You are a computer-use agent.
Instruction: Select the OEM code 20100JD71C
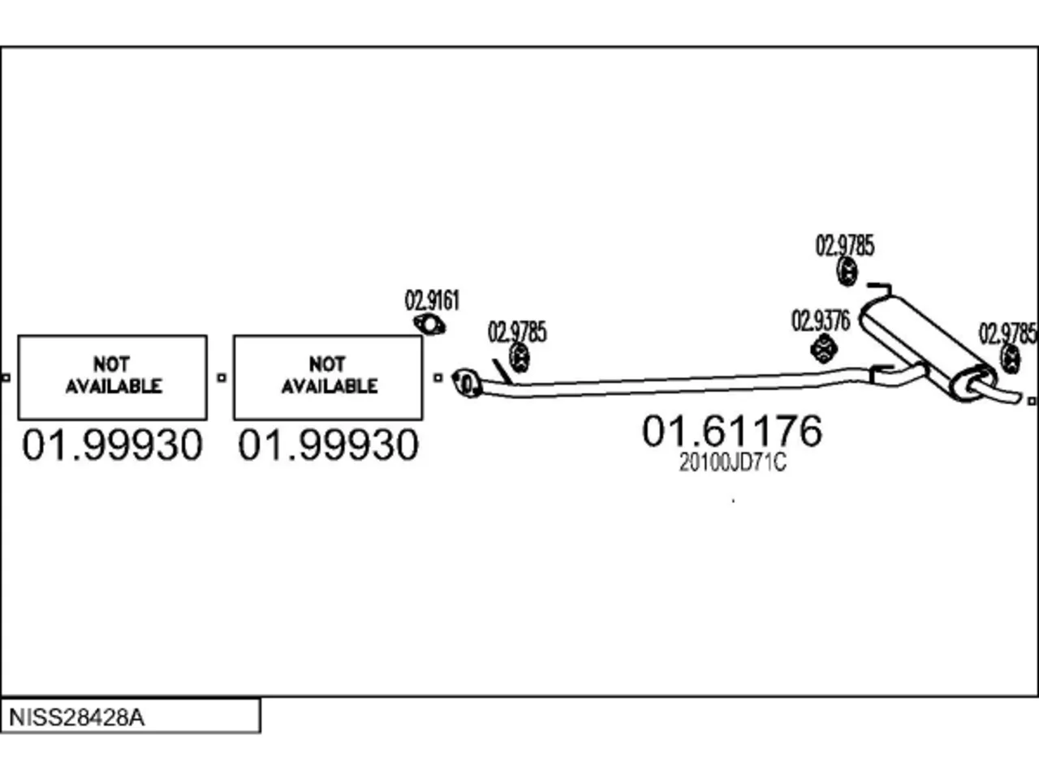733,463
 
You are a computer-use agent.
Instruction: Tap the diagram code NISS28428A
76,717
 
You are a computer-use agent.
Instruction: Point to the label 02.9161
432,300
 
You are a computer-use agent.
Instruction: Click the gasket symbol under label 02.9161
429,325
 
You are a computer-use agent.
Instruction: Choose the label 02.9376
821,321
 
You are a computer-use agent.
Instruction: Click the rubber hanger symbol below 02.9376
824,349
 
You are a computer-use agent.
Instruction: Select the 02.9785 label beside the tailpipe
1008,334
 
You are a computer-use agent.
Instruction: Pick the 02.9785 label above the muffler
845,246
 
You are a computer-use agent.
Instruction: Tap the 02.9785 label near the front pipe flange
517,332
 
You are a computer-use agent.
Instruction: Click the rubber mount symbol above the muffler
847,272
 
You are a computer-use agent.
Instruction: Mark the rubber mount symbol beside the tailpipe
1010,359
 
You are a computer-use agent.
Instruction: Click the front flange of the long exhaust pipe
468,383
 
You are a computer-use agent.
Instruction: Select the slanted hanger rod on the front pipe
502,372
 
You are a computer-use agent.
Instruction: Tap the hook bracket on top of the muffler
881,289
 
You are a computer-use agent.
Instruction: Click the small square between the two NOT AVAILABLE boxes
221,377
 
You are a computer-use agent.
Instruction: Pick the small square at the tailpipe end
1032,401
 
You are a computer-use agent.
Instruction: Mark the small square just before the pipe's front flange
438,377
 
